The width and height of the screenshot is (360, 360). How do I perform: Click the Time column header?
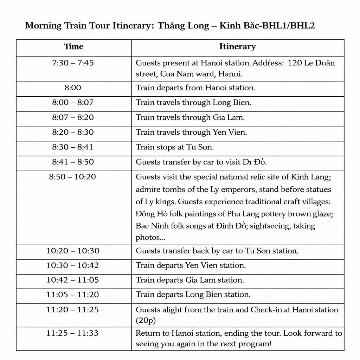(x=74, y=47)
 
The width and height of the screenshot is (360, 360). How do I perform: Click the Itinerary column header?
(x=237, y=47)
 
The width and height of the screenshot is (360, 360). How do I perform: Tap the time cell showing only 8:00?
(x=73, y=88)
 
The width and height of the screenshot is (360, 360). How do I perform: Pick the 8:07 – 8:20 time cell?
(x=73, y=117)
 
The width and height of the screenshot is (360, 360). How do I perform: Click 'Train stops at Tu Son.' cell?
(x=175, y=147)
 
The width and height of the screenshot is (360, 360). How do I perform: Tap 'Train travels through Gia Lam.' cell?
(x=190, y=118)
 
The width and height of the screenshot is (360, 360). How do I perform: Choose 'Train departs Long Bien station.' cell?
(x=193, y=295)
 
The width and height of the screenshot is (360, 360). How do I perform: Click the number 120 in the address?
(x=294, y=63)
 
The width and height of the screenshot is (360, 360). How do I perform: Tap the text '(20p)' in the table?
(x=146, y=320)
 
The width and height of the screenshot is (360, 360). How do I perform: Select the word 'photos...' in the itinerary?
(x=150, y=238)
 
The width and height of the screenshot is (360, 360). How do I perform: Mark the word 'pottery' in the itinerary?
(x=258, y=214)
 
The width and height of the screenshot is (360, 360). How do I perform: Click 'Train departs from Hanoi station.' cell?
(x=195, y=88)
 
